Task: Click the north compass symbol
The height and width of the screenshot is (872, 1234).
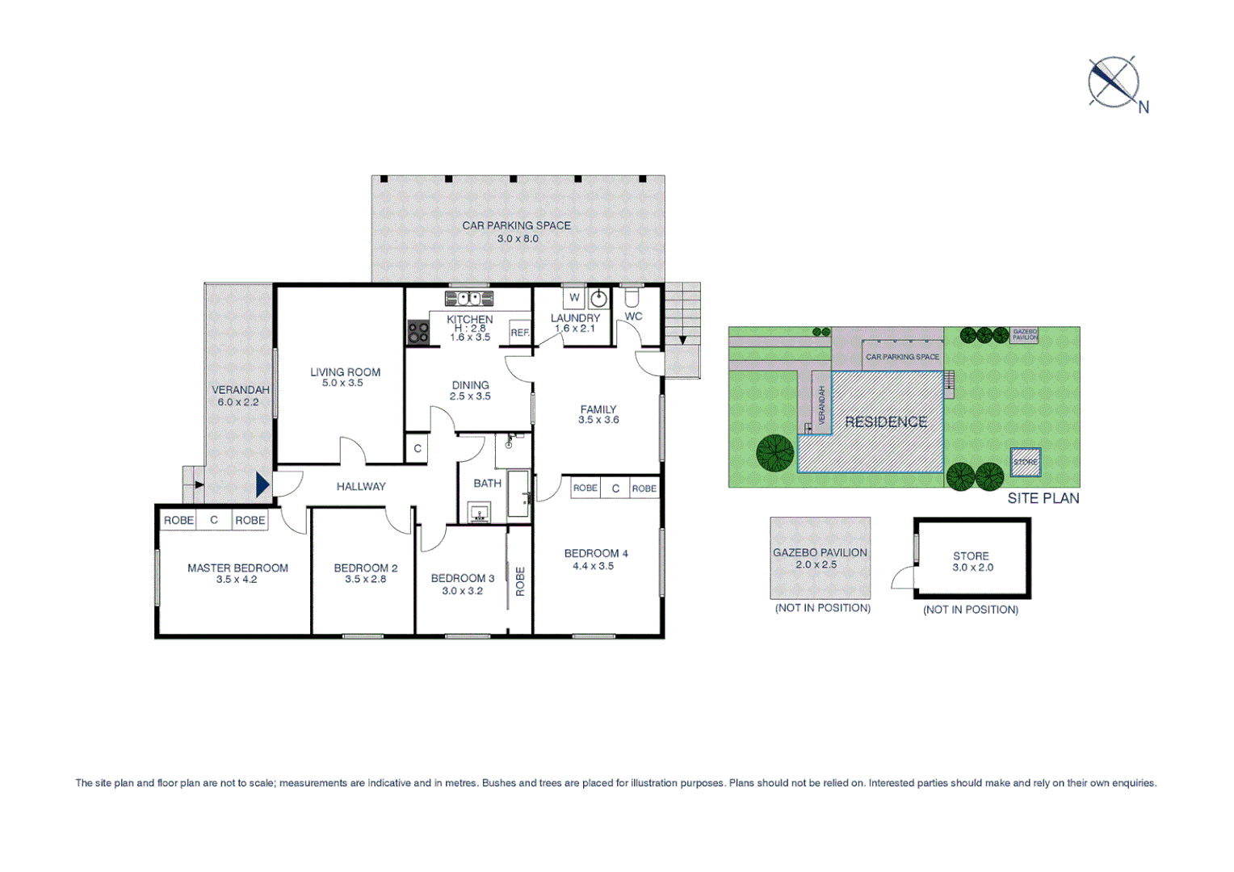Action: click(x=1114, y=82)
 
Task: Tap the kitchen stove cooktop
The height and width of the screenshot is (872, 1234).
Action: click(x=418, y=332)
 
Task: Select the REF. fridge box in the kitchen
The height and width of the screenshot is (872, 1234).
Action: click(x=519, y=332)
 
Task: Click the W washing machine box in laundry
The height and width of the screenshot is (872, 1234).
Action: click(x=574, y=298)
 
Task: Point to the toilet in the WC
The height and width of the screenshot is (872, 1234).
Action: click(x=632, y=297)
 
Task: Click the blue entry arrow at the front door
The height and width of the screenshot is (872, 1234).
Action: click(x=262, y=484)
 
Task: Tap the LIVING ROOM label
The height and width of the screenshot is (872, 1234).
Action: click(x=345, y=372)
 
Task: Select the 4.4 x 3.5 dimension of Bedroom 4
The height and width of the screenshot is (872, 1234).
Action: click(x=593, y=566)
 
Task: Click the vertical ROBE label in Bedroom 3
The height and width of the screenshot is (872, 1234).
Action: click(x=520, y=581)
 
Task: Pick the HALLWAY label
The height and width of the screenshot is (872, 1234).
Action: click(x=361, y=486)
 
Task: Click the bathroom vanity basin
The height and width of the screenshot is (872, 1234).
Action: click(x=479, y=513)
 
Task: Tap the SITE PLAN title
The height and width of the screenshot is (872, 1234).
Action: click(x=1043, y=498)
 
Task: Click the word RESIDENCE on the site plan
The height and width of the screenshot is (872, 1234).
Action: click(x=885, y=421)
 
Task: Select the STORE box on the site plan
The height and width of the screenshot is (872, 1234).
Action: click(x=1025, y=462)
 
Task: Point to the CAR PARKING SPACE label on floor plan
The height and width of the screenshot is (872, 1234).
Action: click(x=516, y=225)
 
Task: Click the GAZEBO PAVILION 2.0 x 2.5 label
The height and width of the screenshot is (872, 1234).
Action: click(x=820, y=558)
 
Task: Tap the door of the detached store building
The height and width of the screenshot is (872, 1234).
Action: click(x=903, y=577)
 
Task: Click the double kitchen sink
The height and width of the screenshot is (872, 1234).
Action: click(x=469, y=299)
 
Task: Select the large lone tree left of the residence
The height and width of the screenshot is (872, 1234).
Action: click(x=774, y=453)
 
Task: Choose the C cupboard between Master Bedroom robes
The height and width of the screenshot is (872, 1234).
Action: click(x=214, y=520)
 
